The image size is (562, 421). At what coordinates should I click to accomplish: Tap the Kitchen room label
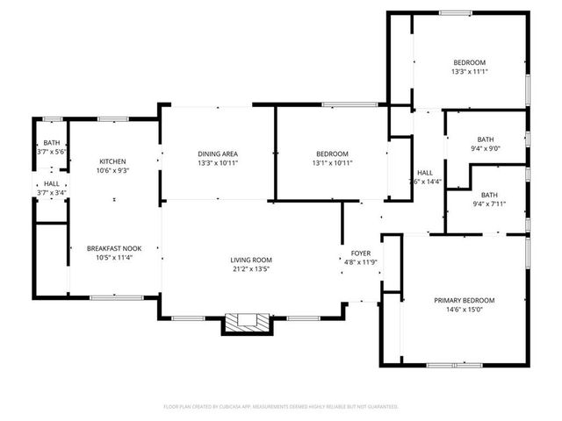pyautogui.click(x=113, y=161)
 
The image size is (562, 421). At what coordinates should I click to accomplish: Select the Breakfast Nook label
pyautogui.click(x=113, y=249)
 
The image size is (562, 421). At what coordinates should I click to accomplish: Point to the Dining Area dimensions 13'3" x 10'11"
pyautogui.click(x=218, y=163)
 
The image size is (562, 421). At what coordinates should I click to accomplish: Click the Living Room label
pyautogui.click(x=251, y=260)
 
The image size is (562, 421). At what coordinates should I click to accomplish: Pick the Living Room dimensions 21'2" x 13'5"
pyautogui.click(x=251, y=269)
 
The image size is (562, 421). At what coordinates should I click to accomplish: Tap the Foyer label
pyautogui.click(x=361, y=253)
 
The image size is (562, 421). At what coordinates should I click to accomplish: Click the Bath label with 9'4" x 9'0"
pyautogui.click(x=486, y=139)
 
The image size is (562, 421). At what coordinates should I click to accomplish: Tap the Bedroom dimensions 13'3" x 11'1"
pyautogui.click(x=469, y=72)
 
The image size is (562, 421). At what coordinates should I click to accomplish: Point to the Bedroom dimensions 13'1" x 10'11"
pyautogui.click(x=330, y=163)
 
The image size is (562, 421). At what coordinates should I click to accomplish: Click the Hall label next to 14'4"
pyautogui.click(x=424, y=172)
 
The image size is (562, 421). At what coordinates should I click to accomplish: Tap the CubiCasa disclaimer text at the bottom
pyautogui.click(x=281, y=406)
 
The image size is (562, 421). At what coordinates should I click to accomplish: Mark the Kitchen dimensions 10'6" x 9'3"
pyautogui.click(x=113, y=171)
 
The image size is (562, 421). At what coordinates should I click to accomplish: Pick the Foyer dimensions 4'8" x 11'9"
pyautogui.click(x=361, y=261)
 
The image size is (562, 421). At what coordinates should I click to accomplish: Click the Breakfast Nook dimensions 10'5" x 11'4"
pyautogui.click(x=113, y=259)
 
